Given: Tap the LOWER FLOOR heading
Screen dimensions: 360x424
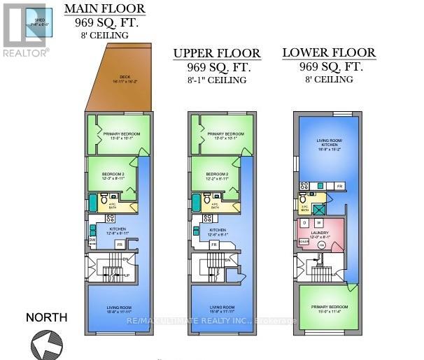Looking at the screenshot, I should pyautogui.click(x=328, y=53).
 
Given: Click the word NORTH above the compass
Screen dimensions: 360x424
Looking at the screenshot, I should pyautogui.click(x=47, y=317).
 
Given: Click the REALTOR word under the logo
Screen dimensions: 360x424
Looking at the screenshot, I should pyautogui.click(x=24, y=52).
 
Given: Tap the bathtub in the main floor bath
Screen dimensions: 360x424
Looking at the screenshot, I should pyautogui.click(x=93, y=203).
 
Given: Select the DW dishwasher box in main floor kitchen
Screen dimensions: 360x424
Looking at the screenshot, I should pyautogui.click(x=92, y=240).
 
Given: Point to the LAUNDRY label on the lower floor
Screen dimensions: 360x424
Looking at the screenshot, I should pyautogui.click(x=319, y=234).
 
